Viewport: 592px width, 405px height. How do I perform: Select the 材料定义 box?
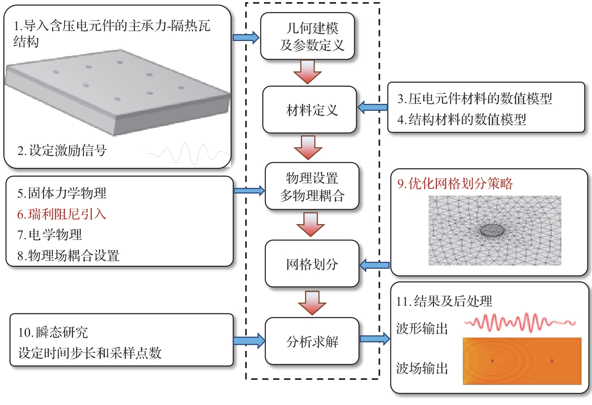tap(310, 110)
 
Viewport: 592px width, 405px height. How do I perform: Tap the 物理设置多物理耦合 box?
tap(312, 186)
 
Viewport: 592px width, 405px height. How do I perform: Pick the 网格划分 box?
tap(312, 264)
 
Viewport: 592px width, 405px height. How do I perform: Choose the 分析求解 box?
tap(312, 341)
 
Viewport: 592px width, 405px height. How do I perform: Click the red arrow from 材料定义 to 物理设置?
tap(308, 147)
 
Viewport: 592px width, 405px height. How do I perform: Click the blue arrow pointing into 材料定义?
tap(372, 107)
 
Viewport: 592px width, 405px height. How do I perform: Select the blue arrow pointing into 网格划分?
tap(375, 265)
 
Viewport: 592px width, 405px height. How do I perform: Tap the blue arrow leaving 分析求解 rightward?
tap(375, 338)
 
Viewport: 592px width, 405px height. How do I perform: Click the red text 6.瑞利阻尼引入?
tap(62, 214)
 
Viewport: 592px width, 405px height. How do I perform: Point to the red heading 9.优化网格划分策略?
tap(455, 183)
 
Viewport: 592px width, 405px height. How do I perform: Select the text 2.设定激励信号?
tap(62, 150)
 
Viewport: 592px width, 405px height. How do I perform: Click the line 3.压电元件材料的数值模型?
tap(475, 99)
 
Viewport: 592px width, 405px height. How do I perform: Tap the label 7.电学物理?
tap(49, 235)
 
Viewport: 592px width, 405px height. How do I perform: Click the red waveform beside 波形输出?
tap(520, 322)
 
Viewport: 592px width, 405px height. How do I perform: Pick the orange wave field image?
tap(522, 361)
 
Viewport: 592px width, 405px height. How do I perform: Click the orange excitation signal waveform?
tap(189, 153)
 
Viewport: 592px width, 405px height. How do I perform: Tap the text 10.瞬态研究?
tap(53, 333)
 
